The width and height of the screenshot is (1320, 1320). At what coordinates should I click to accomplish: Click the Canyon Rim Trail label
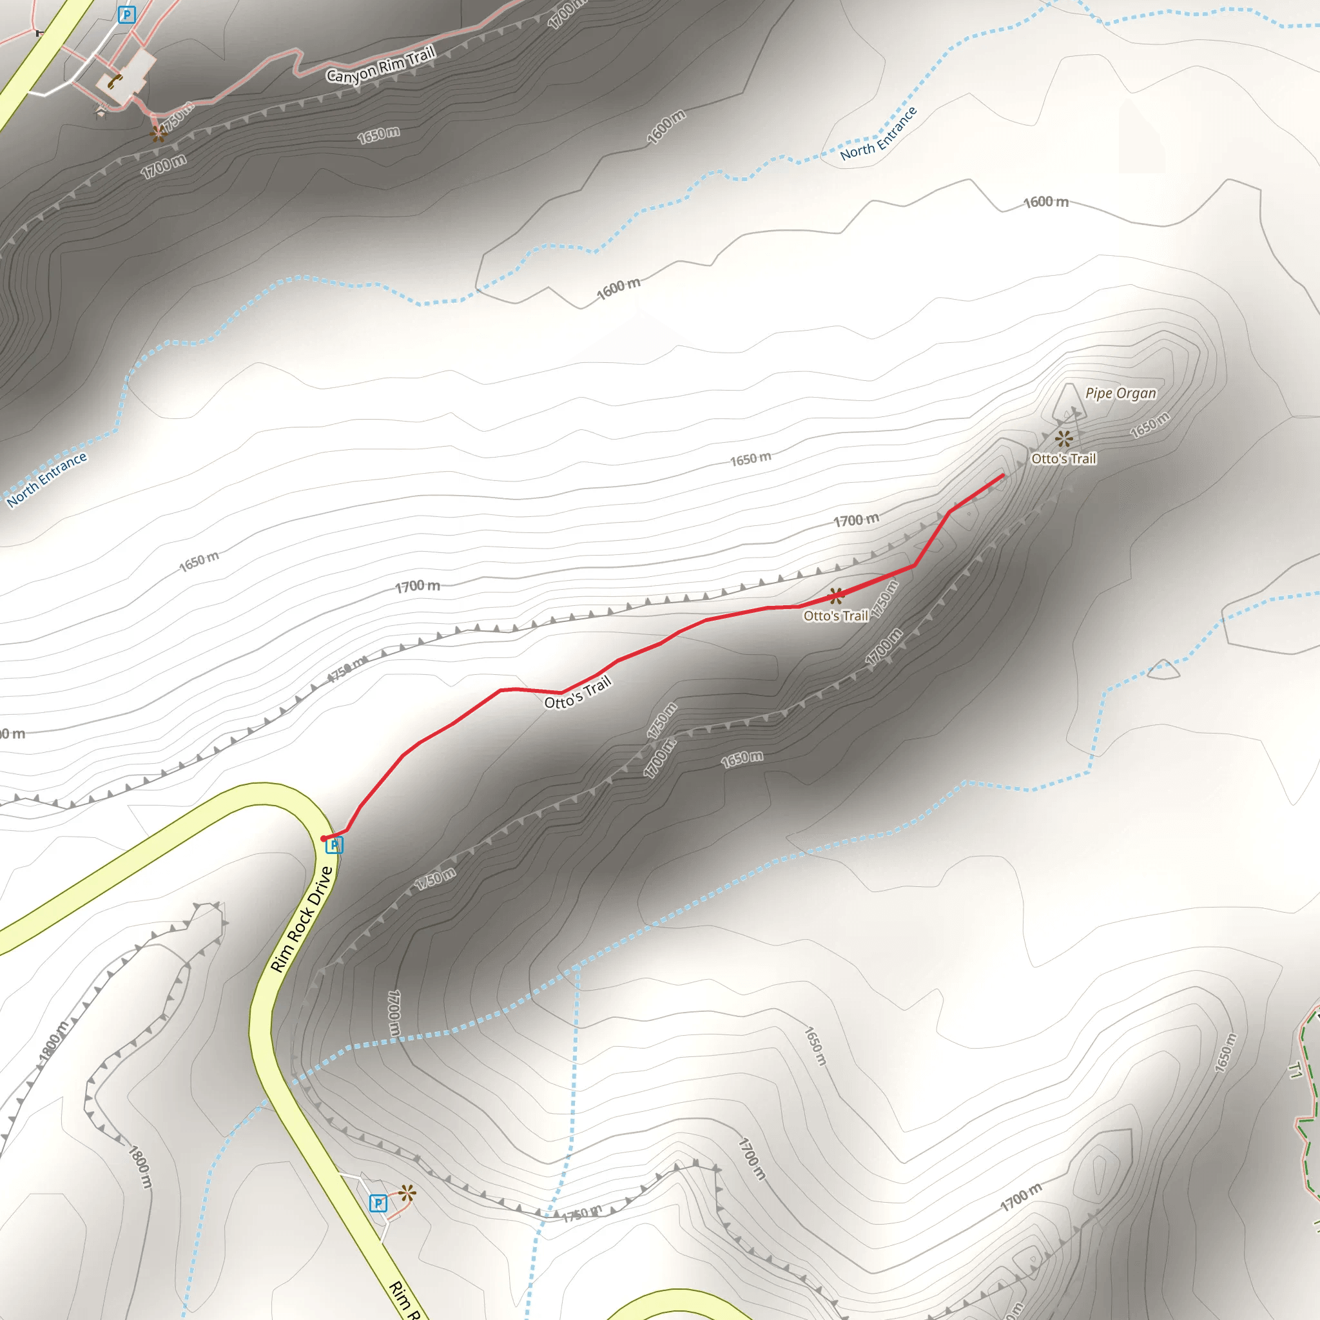pos(380,65)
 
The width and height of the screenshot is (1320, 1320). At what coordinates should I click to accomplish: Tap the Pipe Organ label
pos(1120,393)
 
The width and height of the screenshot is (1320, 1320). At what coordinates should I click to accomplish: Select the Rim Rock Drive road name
pos(301,919)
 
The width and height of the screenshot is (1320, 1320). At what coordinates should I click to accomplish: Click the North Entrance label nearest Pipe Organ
pos(878,134)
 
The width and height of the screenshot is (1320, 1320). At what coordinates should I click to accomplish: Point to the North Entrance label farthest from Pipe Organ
pos(47,480)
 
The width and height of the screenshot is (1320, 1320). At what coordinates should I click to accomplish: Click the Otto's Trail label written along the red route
pos(577,693)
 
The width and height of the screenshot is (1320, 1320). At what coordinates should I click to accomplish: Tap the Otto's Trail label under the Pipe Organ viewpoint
pos(1063,458)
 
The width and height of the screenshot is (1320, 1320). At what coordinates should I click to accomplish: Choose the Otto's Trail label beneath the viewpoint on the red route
pos(835,616)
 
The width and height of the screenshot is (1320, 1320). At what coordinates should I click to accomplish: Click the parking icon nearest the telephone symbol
pos(126,14)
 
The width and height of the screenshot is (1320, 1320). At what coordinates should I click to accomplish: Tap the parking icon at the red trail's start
pos(334,846)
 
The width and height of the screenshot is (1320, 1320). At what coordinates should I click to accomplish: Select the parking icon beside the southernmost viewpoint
pos(378,1203)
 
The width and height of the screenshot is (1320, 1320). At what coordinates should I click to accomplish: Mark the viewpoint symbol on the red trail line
pos(836,596)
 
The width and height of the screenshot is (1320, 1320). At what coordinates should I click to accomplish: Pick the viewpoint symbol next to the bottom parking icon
pos(407,1194)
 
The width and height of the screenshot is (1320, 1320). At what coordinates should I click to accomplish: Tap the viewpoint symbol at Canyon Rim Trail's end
pos(159,133)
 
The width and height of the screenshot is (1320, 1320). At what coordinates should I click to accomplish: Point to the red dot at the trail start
pos(323,839)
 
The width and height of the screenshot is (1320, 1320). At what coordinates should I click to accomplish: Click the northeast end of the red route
pos(1002,475)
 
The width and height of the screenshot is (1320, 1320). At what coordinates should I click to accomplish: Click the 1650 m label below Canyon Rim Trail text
pos(378,135)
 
